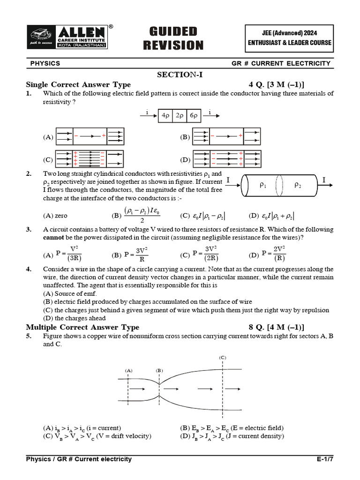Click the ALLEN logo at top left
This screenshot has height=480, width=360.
point(69,36)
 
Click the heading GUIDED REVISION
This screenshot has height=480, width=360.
point(173,38)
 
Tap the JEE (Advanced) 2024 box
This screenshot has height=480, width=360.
point(289,38)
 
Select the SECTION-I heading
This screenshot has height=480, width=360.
point(180,75)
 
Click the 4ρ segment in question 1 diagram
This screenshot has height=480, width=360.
point(165,115)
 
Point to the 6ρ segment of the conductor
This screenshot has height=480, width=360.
point(193,115)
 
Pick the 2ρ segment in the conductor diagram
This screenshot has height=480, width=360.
point(179,115)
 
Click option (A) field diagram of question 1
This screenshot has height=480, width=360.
point(90,136)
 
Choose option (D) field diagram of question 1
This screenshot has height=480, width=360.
point(226,159)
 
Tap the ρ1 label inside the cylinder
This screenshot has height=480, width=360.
point(262,185)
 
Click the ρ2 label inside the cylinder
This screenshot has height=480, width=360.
point(298,185)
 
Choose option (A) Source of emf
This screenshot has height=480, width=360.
point(70,293)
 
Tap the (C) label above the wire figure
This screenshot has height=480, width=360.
point(223,358)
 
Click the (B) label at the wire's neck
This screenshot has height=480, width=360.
point(159,370)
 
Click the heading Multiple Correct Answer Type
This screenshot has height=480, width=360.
point(82,327)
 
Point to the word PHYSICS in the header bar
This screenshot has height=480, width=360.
point(45,63)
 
